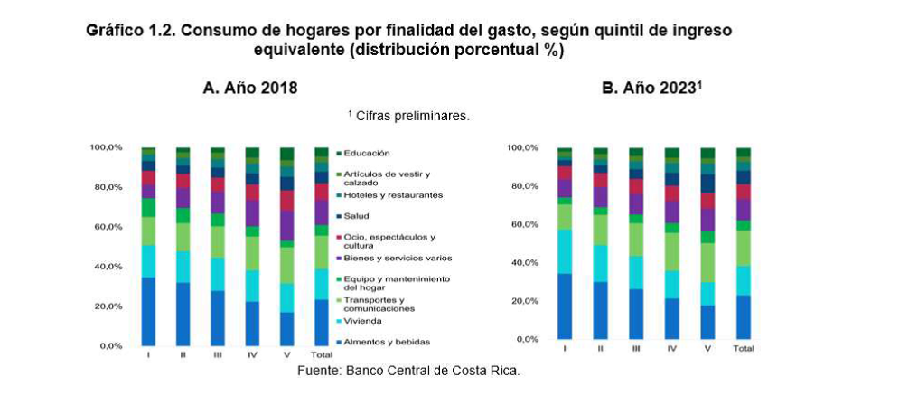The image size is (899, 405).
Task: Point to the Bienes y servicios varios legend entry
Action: (392, 258)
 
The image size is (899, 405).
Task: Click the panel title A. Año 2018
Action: (249, 89)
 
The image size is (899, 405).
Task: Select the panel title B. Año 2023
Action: (651, 89)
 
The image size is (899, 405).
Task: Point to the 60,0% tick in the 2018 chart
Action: (106, 227)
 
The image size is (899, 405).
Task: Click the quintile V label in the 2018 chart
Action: (286, 355)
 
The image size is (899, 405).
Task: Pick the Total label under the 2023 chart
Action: (744, 348)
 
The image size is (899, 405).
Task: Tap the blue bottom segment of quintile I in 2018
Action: (149, 311)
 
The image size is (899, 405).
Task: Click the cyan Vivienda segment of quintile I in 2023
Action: (565, 251)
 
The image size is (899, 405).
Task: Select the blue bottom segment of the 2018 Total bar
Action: (322, 322)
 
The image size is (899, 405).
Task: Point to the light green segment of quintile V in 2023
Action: (708, 262)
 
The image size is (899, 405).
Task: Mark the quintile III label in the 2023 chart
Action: (636, 348)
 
